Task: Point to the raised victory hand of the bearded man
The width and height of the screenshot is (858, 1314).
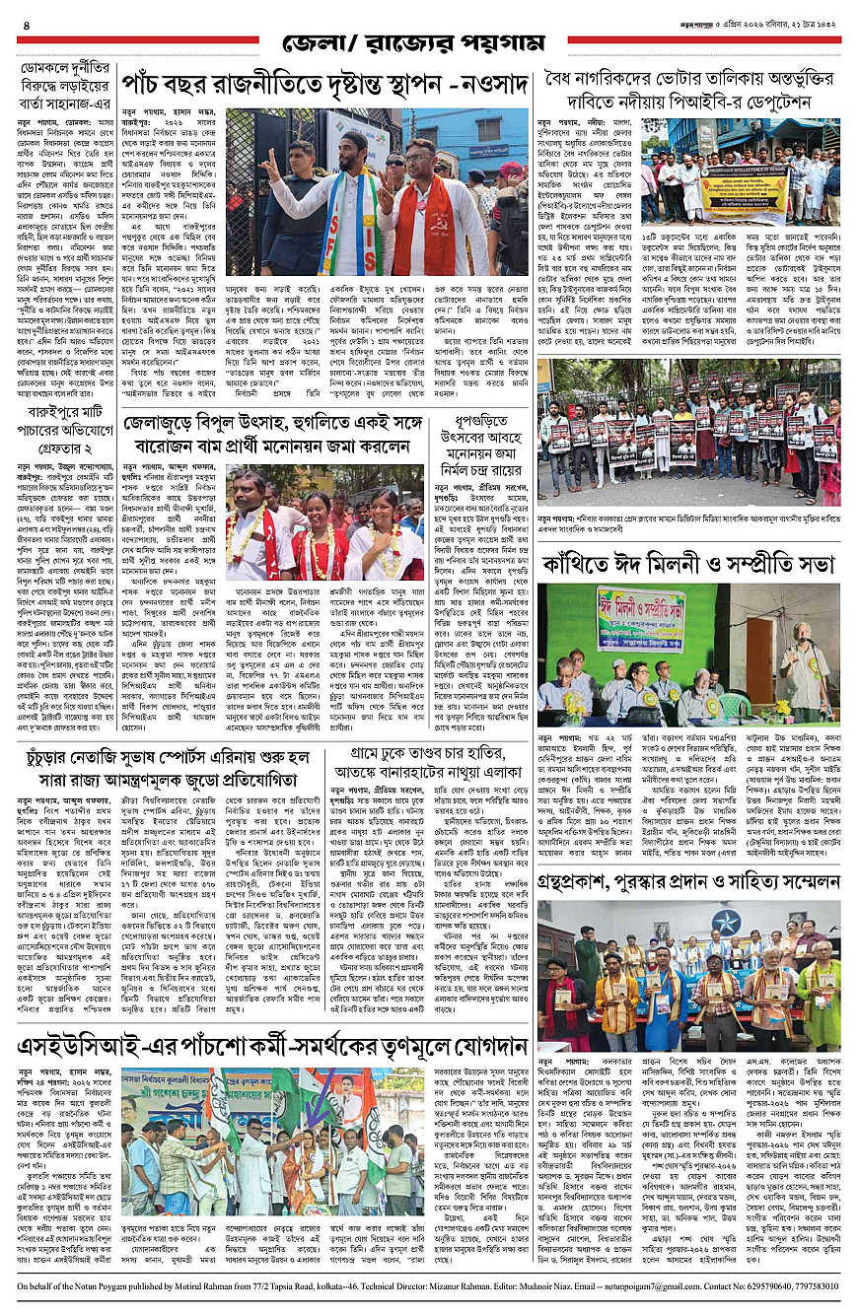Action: (x=270, y=165)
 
